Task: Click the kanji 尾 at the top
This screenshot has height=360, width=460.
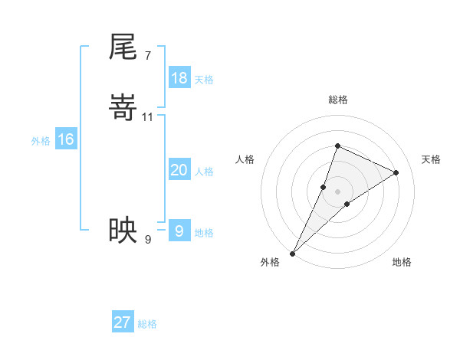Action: [123, 47]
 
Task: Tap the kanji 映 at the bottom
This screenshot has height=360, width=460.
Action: [123, 229]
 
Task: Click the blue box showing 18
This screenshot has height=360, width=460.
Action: [179, 78]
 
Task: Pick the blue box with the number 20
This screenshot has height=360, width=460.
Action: [179, 170]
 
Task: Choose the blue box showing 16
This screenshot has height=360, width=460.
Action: [65, 139]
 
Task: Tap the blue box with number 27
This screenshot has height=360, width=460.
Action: [122, 322]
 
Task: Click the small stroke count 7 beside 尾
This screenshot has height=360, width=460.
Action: [147, 55]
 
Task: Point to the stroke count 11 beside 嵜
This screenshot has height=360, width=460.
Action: [148, 116]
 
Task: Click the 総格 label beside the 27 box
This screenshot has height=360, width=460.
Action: [147, 324]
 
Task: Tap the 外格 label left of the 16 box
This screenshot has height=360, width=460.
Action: [41, 141]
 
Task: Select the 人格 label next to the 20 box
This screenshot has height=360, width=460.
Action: [204, 172]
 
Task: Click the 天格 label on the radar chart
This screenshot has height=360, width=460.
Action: [431, 159]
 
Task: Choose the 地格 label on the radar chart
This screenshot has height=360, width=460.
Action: [402, 262]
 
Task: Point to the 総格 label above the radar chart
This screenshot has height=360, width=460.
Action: [337, 100]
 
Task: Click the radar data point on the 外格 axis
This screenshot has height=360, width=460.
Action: [293, 253]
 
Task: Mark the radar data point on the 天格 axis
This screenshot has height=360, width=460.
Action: [396, 172]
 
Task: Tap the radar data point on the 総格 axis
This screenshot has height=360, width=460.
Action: [337, 146]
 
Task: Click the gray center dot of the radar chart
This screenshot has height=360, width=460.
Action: [337, 191]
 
